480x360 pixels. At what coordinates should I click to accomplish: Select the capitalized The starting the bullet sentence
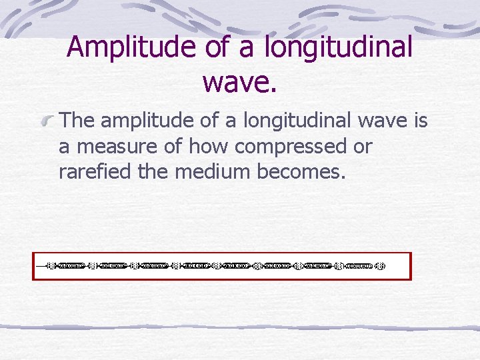(76, 121)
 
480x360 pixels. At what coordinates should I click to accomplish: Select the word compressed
(285, 147)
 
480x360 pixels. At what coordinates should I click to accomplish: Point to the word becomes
(300, 172)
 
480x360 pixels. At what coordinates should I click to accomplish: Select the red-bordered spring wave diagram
(222, 266)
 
